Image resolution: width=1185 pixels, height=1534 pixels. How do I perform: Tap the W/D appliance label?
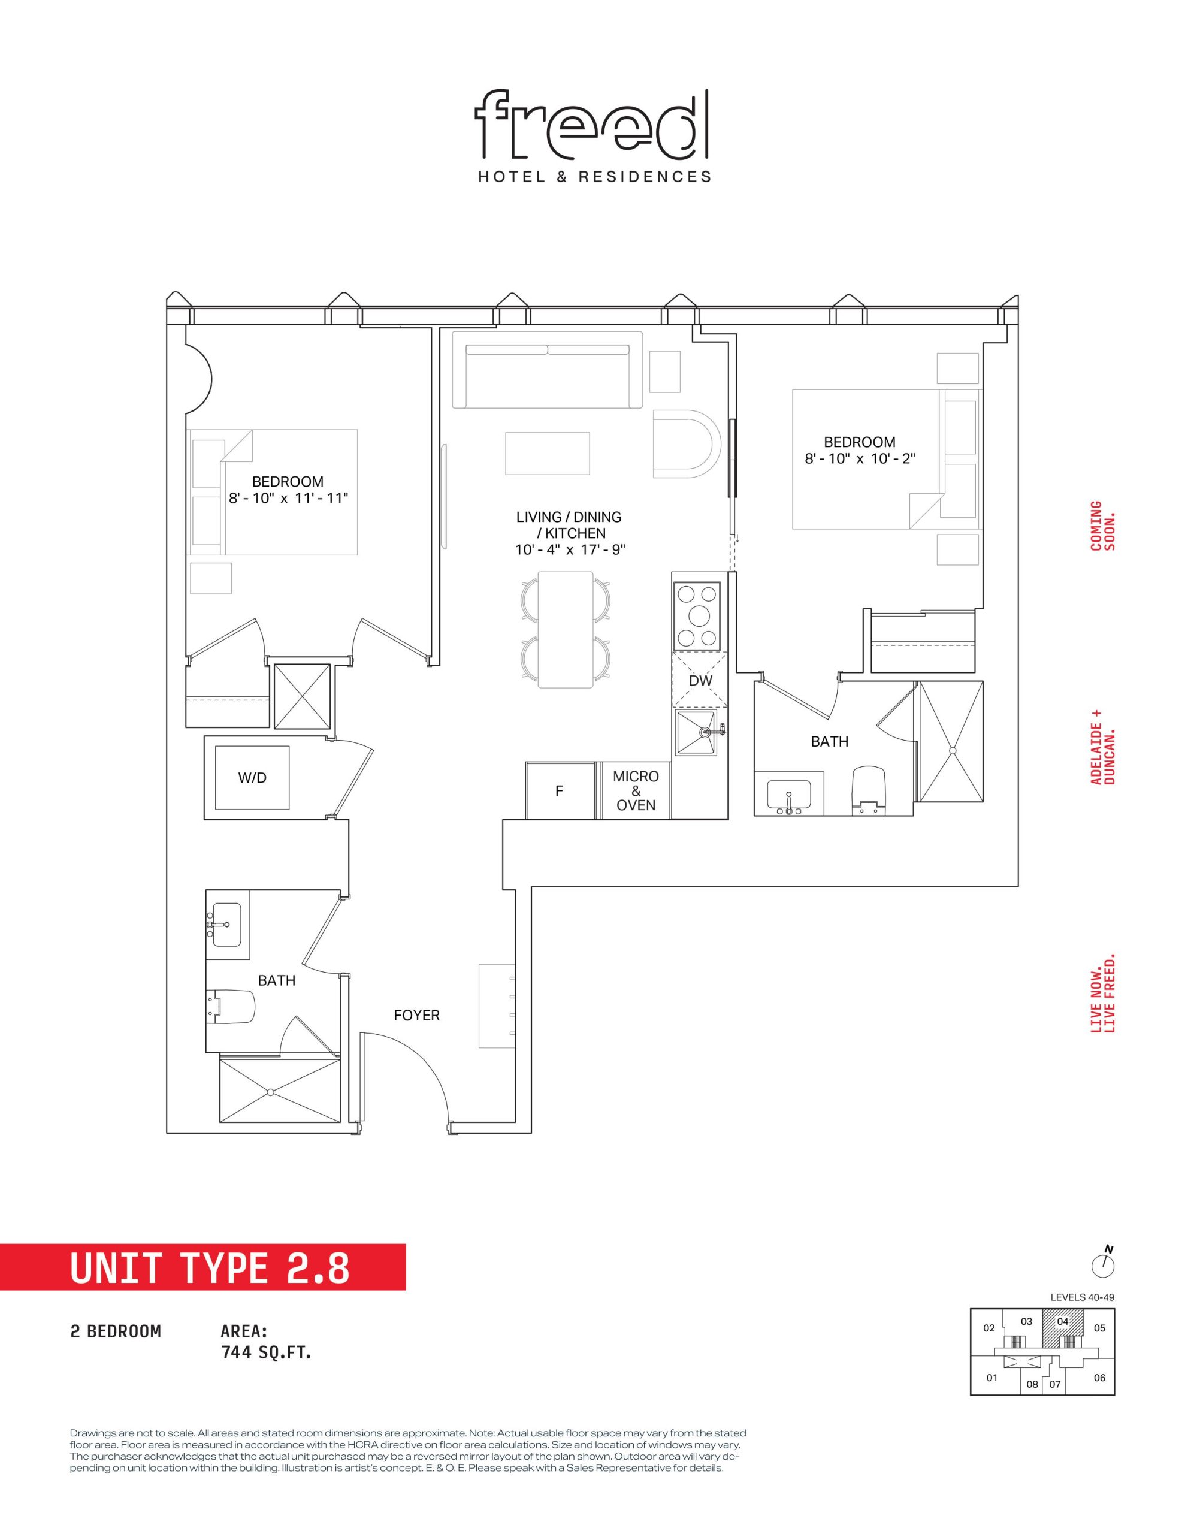tap(252, 778)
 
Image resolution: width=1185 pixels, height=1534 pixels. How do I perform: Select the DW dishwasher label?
tap(700, 680)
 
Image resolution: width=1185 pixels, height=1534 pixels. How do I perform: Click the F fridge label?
tap(559, 791)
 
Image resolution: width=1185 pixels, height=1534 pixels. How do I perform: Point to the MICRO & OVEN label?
tap(636, 790)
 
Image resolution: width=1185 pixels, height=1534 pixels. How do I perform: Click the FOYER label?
tap(416, 1015)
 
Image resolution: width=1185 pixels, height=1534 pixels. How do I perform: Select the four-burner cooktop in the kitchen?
tap(697, 616)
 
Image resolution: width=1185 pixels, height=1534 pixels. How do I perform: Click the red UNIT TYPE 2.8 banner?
tap(203, 1268)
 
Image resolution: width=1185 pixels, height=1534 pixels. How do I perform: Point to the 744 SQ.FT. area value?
tap(266, 1352)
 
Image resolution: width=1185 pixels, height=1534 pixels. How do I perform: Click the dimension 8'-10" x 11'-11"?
tap(288, 498)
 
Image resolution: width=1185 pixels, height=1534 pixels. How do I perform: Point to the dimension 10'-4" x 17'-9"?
tap(570, 549)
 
